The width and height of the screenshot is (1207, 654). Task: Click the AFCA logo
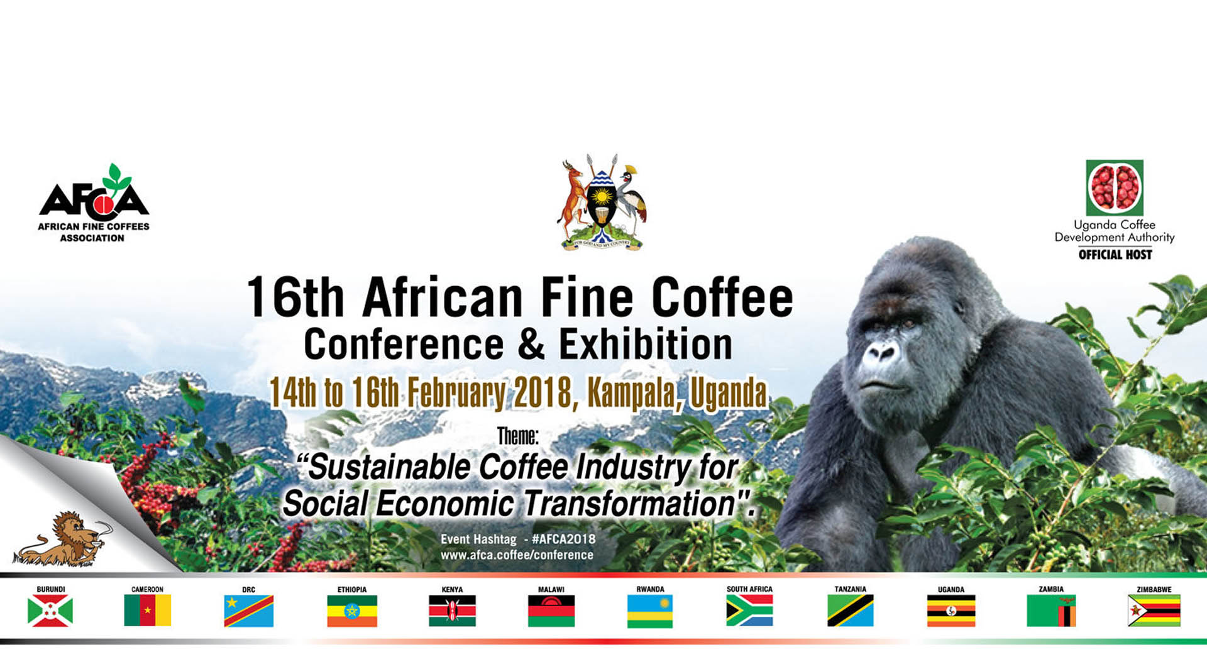point(94,202)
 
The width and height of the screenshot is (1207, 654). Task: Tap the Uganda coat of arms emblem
point(602,202)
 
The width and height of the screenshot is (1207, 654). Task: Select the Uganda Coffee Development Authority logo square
point(1115,187)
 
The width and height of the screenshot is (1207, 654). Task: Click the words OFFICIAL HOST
point(1115,255)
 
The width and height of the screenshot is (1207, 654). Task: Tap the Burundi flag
point(50,611)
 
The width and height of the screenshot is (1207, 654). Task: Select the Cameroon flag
point(148,611)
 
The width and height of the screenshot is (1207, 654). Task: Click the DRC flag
point(249,611)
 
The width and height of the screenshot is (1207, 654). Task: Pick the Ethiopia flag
point(352,611)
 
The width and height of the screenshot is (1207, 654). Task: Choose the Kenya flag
point(452,611)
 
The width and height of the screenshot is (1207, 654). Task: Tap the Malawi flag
point(551,611)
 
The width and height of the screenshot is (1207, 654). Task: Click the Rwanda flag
point(650,611)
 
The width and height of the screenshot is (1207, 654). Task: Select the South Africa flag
point(749,611)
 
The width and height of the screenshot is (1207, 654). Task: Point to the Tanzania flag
point(851,611)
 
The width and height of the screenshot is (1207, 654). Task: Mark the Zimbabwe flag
point(1154,611)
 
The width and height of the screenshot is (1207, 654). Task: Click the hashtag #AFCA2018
point(563,539)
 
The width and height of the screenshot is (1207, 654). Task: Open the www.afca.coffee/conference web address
point(517,555)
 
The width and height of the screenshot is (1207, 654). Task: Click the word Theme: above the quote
point(517,436)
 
